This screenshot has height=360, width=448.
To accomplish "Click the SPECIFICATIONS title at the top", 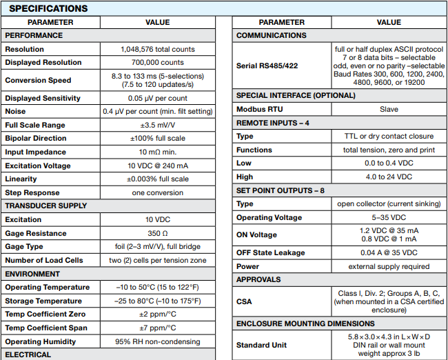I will [x=48, y=9].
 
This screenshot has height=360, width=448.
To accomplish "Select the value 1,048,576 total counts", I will [x=158, y=49].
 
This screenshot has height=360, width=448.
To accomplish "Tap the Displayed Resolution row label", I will [x=43, y=62].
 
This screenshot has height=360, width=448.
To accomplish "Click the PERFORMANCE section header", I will [x=33, y=35].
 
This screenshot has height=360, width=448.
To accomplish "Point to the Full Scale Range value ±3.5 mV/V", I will [x=158, y=125].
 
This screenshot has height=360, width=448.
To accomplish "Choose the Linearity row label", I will [x=21, y=179].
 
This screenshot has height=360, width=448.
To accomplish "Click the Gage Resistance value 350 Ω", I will [x=158, y=233].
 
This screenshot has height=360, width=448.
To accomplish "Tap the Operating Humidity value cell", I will [x=158, y=341].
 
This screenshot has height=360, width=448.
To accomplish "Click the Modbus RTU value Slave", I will [x=389, y=109].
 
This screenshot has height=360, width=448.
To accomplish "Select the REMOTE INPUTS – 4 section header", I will [x=272, y=123].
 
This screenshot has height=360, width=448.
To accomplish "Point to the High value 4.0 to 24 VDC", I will [x=389, y=177].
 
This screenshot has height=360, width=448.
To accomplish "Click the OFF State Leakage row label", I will [x=270, y=252].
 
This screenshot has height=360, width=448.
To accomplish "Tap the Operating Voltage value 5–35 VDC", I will [x=389, y=217].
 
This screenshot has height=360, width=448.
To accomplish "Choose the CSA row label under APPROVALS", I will [x=245, y=301].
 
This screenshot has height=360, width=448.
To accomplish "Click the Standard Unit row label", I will [x=261, y=344].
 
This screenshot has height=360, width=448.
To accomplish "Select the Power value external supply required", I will [x=389, y=266].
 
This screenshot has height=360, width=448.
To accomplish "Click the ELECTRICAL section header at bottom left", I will [x=28, y=354].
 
